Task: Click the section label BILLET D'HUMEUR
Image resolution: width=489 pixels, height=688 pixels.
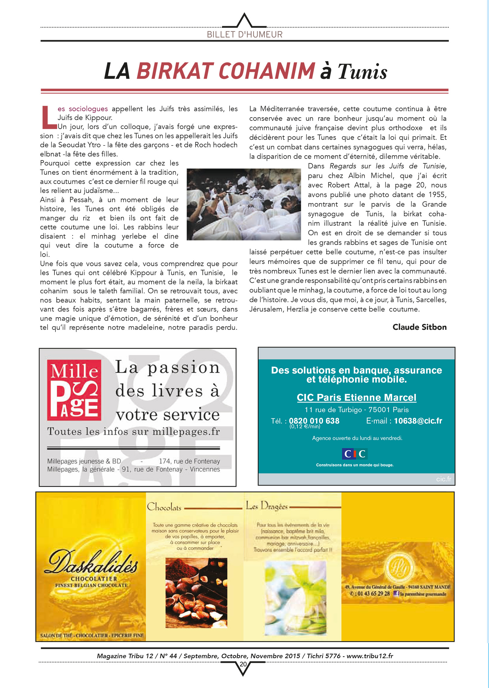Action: click(x=244, y=34)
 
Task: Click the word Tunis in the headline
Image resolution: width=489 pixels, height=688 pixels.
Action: click(x=362, y=72)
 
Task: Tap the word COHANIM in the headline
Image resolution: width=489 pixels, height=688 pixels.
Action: click(x=267, y=71)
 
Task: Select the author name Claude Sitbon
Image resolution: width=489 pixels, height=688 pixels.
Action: click(x=419, y=327)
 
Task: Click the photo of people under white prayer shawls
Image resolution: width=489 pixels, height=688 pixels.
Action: click(x=244, y=204)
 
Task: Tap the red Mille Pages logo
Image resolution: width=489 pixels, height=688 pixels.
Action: click(x=74, y=390)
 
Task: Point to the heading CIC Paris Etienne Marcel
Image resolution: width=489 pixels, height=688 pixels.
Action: click(x=356, y=397)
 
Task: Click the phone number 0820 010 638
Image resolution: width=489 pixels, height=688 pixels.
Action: click(x=314, y=421)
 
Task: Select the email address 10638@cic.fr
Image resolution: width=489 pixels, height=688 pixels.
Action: click(x=418, y=421)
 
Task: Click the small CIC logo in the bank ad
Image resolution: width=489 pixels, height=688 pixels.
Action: click(x=355, y=454)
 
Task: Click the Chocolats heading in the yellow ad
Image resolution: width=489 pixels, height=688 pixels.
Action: click(x=164, y=507)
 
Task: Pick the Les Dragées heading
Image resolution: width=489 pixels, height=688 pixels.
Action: click(x=267, y=506)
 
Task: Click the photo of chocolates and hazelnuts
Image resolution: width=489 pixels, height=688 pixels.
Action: click(x=196, y=593)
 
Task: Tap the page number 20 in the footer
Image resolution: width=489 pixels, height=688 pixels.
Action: click(x=243, y=664)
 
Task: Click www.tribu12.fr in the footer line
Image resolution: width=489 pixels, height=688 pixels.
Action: click(x=370, y=656)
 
